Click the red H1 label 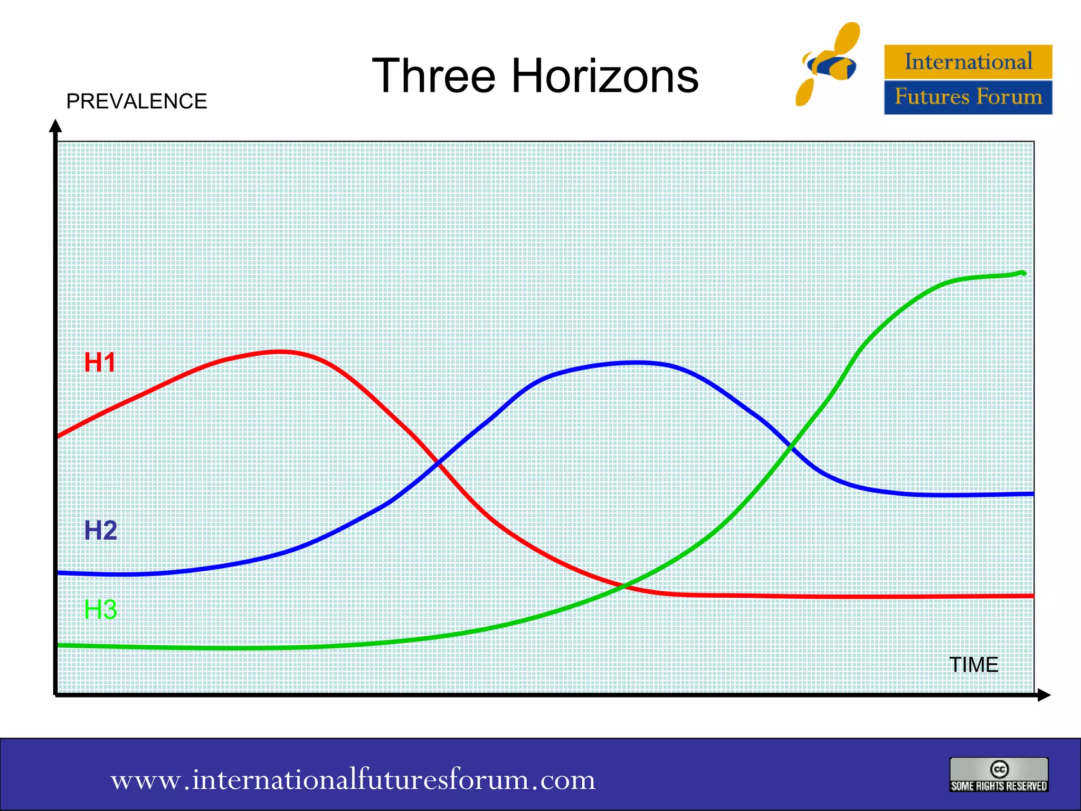click(x=100, y=363)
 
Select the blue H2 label click(x=100, y=530)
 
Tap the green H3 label click(x=100, y=609)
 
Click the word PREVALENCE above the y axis click(x=136, y=101)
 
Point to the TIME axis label click(x=973, y=665)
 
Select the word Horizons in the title click(x=605, y=76)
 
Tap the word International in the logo click(x=968, y=62)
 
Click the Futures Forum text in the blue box click(x=968, y=97)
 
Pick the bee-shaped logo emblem click(x=829, y=63)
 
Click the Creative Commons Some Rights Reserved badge click(x=999, y=775)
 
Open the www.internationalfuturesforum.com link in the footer click(x=353, y=779)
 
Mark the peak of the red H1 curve click(x=280, y=351)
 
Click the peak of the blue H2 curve click(x=636, y=363)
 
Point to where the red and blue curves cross click(x=438, y=463)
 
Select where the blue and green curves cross click(x=790, y=447)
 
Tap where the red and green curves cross click(x=625, y=585)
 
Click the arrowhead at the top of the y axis click(x=55, y=126)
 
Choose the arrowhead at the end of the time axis click(x=1044, y=695)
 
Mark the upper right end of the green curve click(x=1023, y=273)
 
